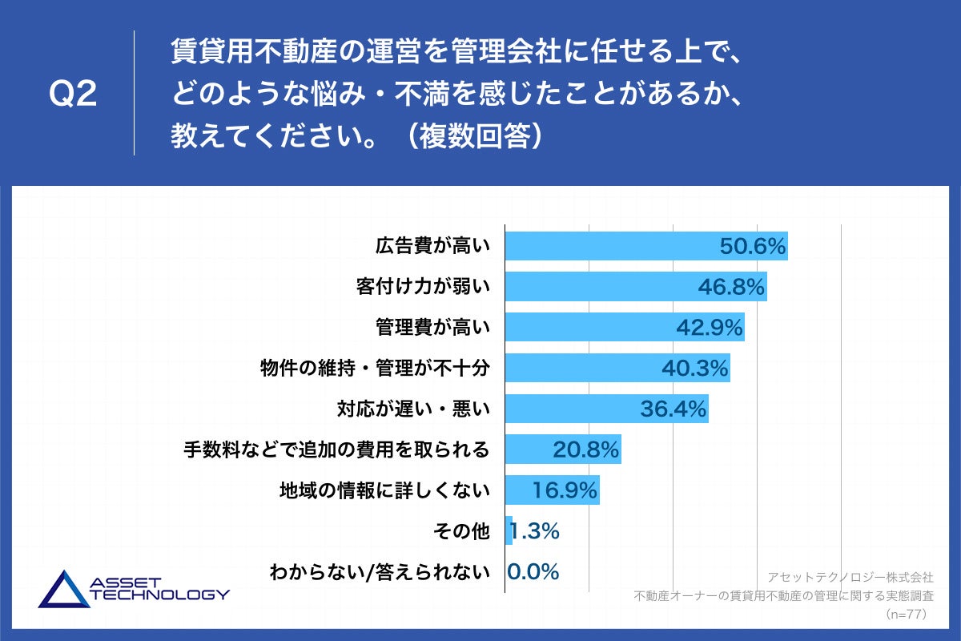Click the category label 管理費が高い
(432, 327)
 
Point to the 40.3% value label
(695, 369)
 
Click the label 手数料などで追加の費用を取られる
(336, 450)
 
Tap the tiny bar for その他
(509, 531)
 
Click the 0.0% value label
(533, 571)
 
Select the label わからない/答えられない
(379, 572)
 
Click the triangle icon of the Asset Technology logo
(64, 590)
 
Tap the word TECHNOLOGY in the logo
(161, 595)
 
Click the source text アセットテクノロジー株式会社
(850, 577)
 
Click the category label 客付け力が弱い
(422, 287)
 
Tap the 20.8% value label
(586, 450)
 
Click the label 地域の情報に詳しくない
(384, 490)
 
